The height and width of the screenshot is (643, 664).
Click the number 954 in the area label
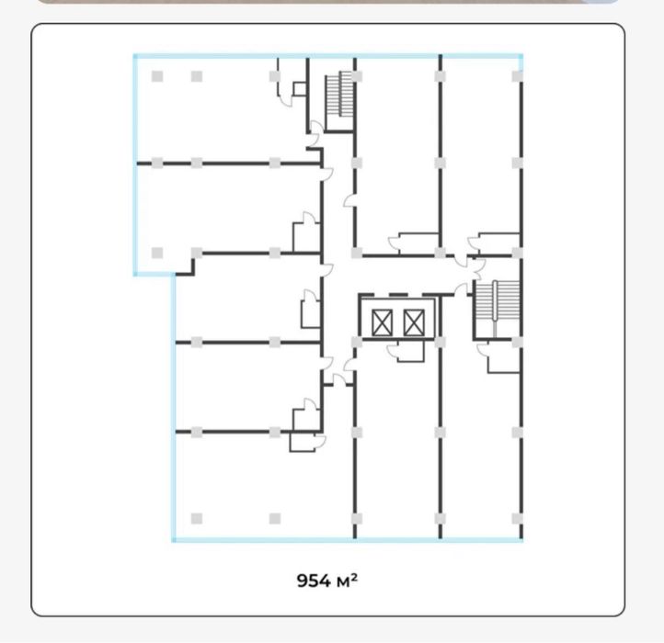[x=314, y=581]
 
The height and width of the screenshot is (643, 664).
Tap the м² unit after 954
[x=347, y=581]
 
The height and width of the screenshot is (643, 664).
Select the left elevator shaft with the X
[x=382, y=322]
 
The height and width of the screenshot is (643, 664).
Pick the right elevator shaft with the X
[x=414, y=322]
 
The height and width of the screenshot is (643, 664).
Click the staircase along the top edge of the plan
[x=339, y=94]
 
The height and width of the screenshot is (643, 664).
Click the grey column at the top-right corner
[x=518, y=76]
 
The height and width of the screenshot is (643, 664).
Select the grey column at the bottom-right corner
[x=518, y=519]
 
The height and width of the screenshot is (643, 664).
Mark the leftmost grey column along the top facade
[x=157, y=76]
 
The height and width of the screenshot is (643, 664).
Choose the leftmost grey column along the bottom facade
[x=197, y=519]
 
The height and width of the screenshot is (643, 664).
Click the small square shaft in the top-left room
[x=300, y=89]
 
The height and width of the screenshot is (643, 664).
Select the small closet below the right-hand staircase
[x=503, y=357]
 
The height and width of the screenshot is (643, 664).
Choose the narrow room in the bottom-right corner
[x=481, y=445]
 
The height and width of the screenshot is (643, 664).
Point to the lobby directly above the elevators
[x=402, y=275]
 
